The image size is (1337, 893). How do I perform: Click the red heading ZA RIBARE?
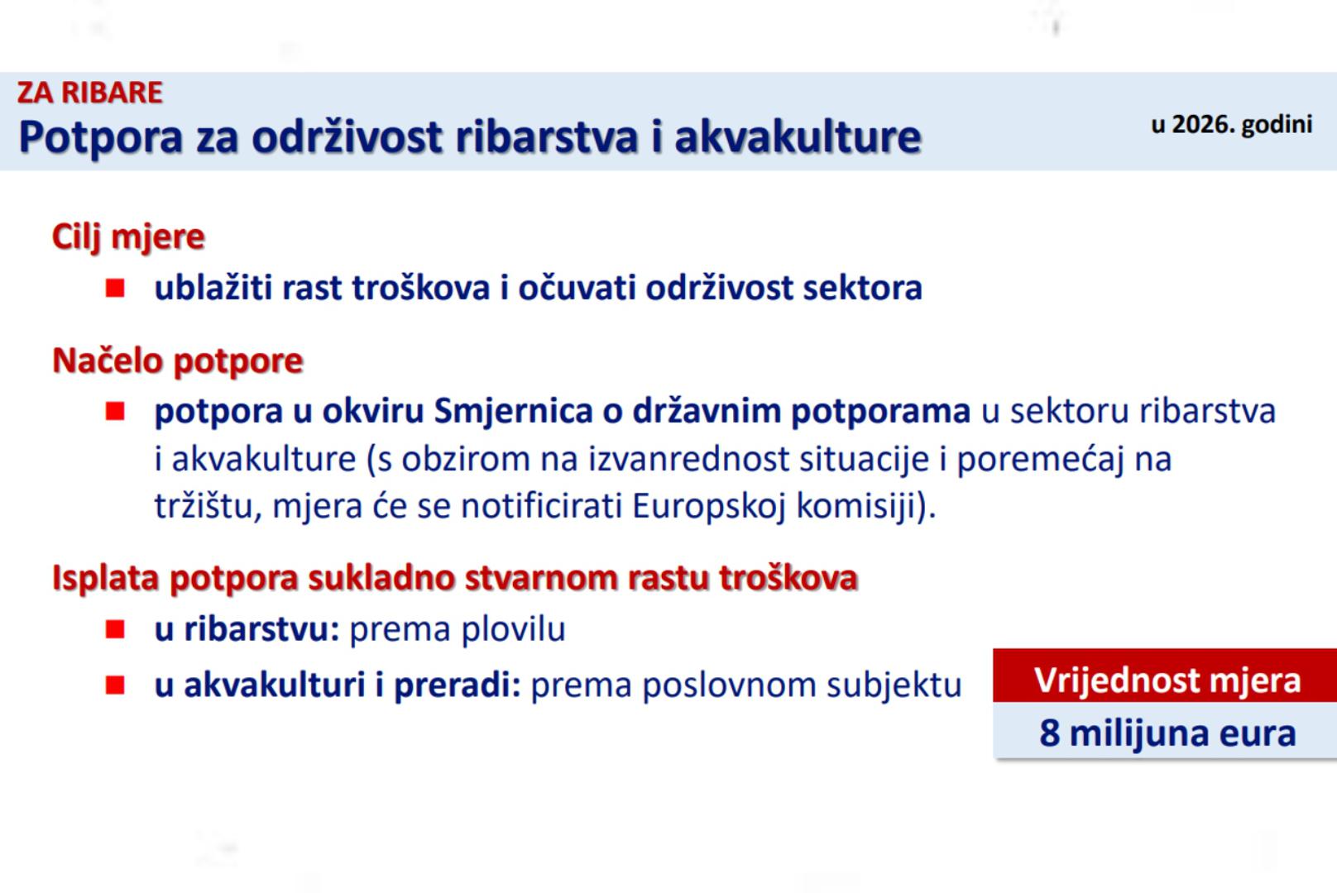(x=89, y=93)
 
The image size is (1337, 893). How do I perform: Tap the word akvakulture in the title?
(x=798, y=137)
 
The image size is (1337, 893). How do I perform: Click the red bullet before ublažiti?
(x=115, y=288)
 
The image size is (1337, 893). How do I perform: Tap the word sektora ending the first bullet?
(x=862, y=288)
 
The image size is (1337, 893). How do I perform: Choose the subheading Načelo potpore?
(x=178, y=361)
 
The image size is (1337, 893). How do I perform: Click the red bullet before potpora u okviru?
(x=115, y=411)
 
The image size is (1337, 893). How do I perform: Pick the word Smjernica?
(x=513, y=412)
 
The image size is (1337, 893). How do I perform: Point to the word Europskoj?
(x=709, y=507)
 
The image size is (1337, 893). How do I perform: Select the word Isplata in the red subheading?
(x=106, y=578)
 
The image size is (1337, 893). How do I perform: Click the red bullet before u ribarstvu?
(x=115, y=629)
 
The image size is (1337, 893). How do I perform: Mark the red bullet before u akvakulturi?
(x=115, y=685)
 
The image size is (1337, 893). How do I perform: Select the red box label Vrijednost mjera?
(x=1167, y=680)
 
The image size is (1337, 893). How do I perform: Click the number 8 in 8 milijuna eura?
(x=1049, y=733)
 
